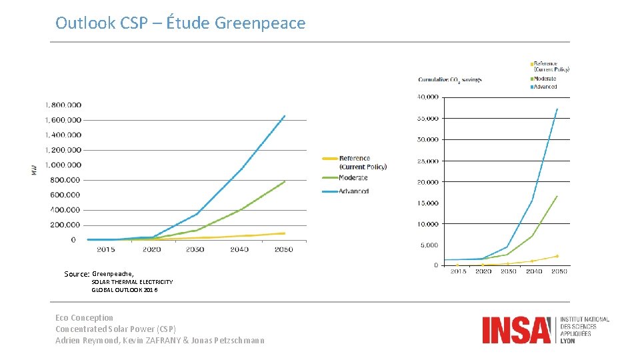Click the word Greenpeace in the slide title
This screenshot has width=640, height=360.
(x=260, y=23)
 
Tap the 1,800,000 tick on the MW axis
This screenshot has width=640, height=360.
(x=63, y=105)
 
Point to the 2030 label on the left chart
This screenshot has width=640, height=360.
(x=195, y=249)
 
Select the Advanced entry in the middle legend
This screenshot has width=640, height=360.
(x=353, y=191)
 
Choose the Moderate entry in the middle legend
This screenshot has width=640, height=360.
(x=353, y=178)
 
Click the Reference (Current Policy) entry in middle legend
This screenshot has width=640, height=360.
(x=363, y=162)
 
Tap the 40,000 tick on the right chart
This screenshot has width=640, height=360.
(x=427, y=97)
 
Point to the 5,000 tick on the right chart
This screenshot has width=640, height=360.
(x=429, y=245)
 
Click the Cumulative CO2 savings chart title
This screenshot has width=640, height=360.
(x=449, y=80)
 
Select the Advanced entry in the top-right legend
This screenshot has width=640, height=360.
(x=545, y=87)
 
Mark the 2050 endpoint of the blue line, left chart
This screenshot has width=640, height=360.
(x=285, y=116)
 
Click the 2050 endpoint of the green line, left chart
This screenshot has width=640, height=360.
(x=285, y=181)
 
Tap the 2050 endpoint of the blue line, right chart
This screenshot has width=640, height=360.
(x=557, y=109)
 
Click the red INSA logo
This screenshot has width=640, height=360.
(x=517, y=330)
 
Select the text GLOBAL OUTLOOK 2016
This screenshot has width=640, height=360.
(x=125, y=290)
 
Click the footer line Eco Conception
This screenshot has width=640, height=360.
(x=84, y=318)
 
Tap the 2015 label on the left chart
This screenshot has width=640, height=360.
(x=105, y=249)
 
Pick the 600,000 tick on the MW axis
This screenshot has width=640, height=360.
(x=63, y=195)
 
